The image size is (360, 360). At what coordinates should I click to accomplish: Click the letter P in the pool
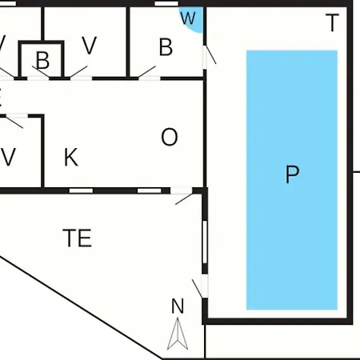[292, 174]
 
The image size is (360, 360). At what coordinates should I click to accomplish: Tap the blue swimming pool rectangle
[292, 180]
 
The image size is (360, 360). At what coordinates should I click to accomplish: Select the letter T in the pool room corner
[332, 23]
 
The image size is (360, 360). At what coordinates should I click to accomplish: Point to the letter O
[170, 137]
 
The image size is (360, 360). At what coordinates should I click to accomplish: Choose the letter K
[71, 157]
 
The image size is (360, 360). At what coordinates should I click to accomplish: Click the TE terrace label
[78, 238]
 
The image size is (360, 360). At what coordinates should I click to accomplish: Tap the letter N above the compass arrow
[178, 306]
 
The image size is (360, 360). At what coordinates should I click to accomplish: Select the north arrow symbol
[178, 334]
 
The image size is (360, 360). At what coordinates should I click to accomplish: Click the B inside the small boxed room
[42, 60]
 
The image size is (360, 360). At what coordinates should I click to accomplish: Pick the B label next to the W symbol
[166, 47]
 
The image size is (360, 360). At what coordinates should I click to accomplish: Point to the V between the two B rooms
[89, 46]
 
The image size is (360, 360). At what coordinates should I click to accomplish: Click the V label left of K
[9, 157]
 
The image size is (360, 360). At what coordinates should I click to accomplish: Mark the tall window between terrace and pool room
[205, 242]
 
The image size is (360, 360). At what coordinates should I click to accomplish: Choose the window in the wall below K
[81, 190]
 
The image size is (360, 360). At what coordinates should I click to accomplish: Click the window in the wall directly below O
[150, 190]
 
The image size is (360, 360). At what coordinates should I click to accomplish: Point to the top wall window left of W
[166, 3]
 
